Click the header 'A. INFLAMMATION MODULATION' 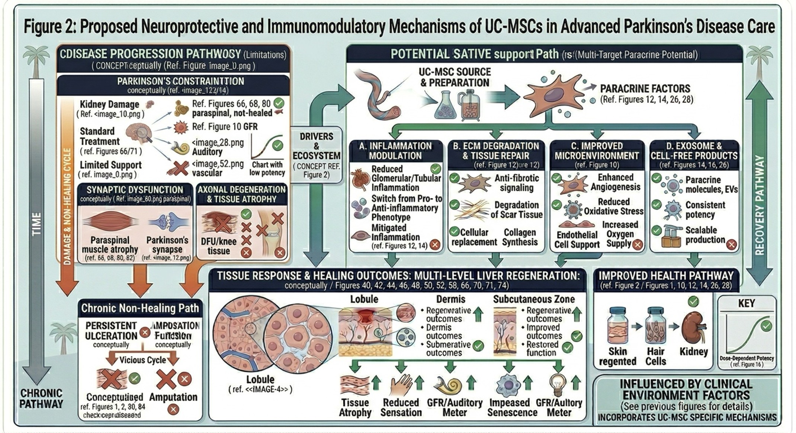click(395, 151)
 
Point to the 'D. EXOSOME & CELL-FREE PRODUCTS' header click(694, 151)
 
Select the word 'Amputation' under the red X click(173, 397)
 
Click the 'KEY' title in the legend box click(746, 303)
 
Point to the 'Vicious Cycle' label click(142, 360)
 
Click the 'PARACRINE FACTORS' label click(645, 89)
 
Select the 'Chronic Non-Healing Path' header click(140, 308)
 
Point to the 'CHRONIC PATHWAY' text click(41, 398)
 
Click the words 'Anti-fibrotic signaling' click(516, 183)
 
